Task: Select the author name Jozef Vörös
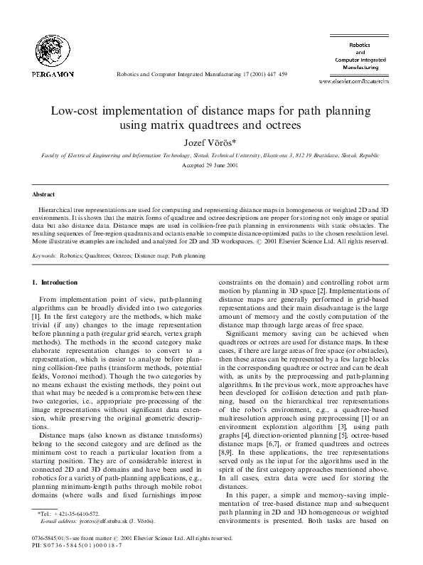(210, 142)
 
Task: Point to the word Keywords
(45, 254)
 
